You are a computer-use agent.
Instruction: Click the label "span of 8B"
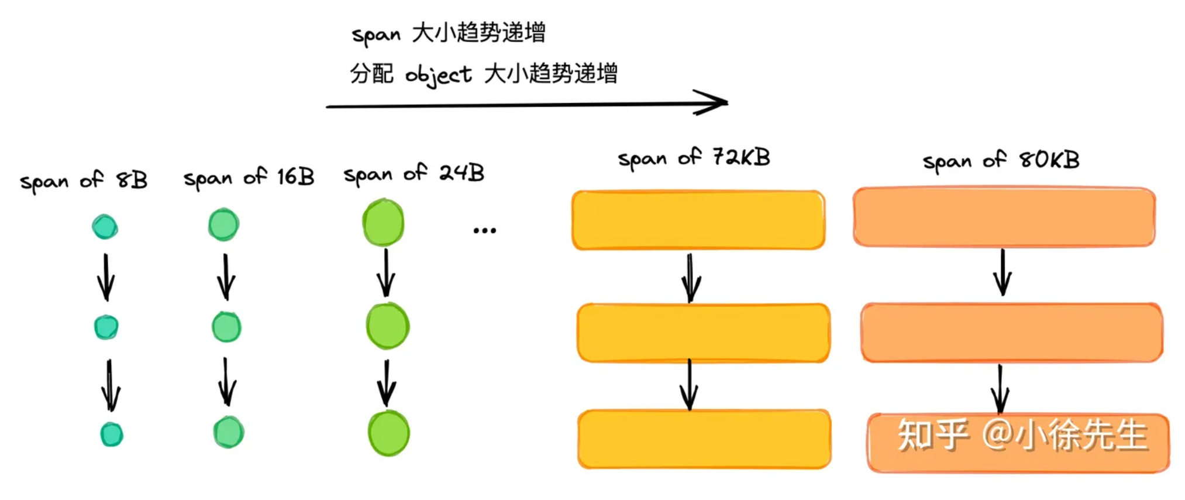pyautogui.click(x=84, y=180)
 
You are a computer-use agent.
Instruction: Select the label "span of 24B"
pyautogui.click(x=414, y=173)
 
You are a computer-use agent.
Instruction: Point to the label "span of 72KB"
pyautogui.click(x=694, y=158)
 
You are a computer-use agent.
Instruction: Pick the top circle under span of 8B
pyautogui.click(x=105, y=227)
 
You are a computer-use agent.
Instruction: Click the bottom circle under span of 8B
pyautogui.click(x=111, y=434)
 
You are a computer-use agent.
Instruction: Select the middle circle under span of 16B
pyautogui.click(x=226, y=327)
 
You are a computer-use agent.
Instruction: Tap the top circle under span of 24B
pyautogui.click(x=383, y=222)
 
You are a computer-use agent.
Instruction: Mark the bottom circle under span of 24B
pyautogui.click(x=388, y=433)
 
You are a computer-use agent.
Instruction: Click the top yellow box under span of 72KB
pyautogui.click(x=698, y=220)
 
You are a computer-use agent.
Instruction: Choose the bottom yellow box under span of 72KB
pyautogui.click(x=704, y=439)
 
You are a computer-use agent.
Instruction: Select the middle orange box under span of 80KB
pyautogui.click(x=1011, y=333)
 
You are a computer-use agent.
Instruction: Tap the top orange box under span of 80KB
pyautogui.click(x=1004, y=217)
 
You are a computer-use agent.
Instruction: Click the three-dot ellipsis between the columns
pyautogui.click(x=484, y=231)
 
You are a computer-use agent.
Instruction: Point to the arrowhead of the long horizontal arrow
pyautogui.click(x=716, y=102)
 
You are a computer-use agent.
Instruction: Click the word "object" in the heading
pyautogui.click(x=438, y=75)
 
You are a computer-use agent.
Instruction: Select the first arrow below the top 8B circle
pyautogui.click(x=106, y=276)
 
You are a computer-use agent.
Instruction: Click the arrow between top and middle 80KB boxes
pyautogui.click(x=1003, y=273)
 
